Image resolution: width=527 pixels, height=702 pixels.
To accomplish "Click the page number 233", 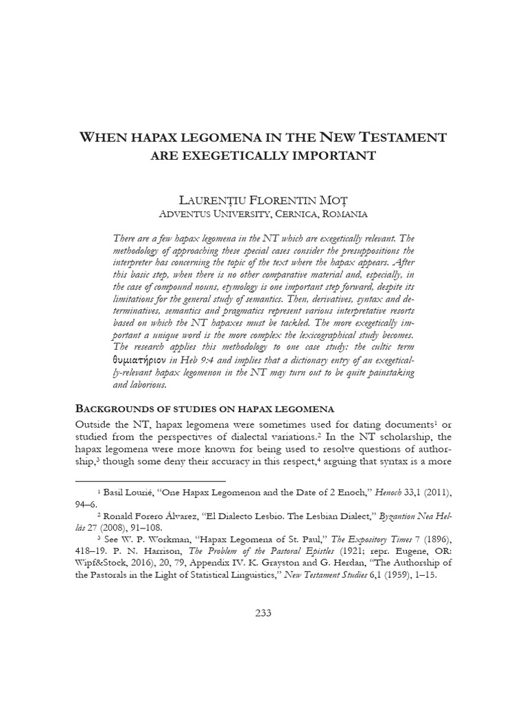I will pyautogui.click(x=263, y=613).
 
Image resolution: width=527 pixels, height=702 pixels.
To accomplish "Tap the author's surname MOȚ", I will pyautogui.click(x=334, y=200).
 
